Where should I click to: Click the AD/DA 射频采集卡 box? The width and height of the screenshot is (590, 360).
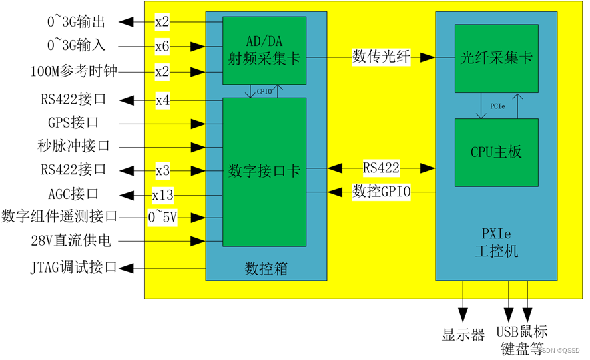point(264,50)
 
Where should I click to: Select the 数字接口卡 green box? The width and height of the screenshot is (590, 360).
point(264,171)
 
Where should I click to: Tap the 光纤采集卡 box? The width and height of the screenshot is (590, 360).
point(496,58)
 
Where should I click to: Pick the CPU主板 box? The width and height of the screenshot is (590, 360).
point(496,152)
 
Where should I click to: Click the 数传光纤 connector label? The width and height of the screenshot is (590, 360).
point(382,58)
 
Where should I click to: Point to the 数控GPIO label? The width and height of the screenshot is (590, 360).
point(382,192)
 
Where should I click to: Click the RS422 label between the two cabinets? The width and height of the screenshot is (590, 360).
point(382,166)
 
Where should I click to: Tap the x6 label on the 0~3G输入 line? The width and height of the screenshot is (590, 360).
point(162,46)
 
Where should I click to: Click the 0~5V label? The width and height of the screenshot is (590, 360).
point(162,217)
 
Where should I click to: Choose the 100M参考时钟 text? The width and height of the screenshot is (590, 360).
point(73,71)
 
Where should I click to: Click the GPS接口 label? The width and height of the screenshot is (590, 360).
point(73,123)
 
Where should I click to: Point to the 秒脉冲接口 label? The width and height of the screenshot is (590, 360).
point(73,146)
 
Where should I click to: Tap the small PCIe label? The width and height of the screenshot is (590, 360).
point(497,106)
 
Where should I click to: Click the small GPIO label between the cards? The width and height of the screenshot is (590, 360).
point(264,92)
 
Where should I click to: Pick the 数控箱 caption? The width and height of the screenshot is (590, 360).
point(266,269)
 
